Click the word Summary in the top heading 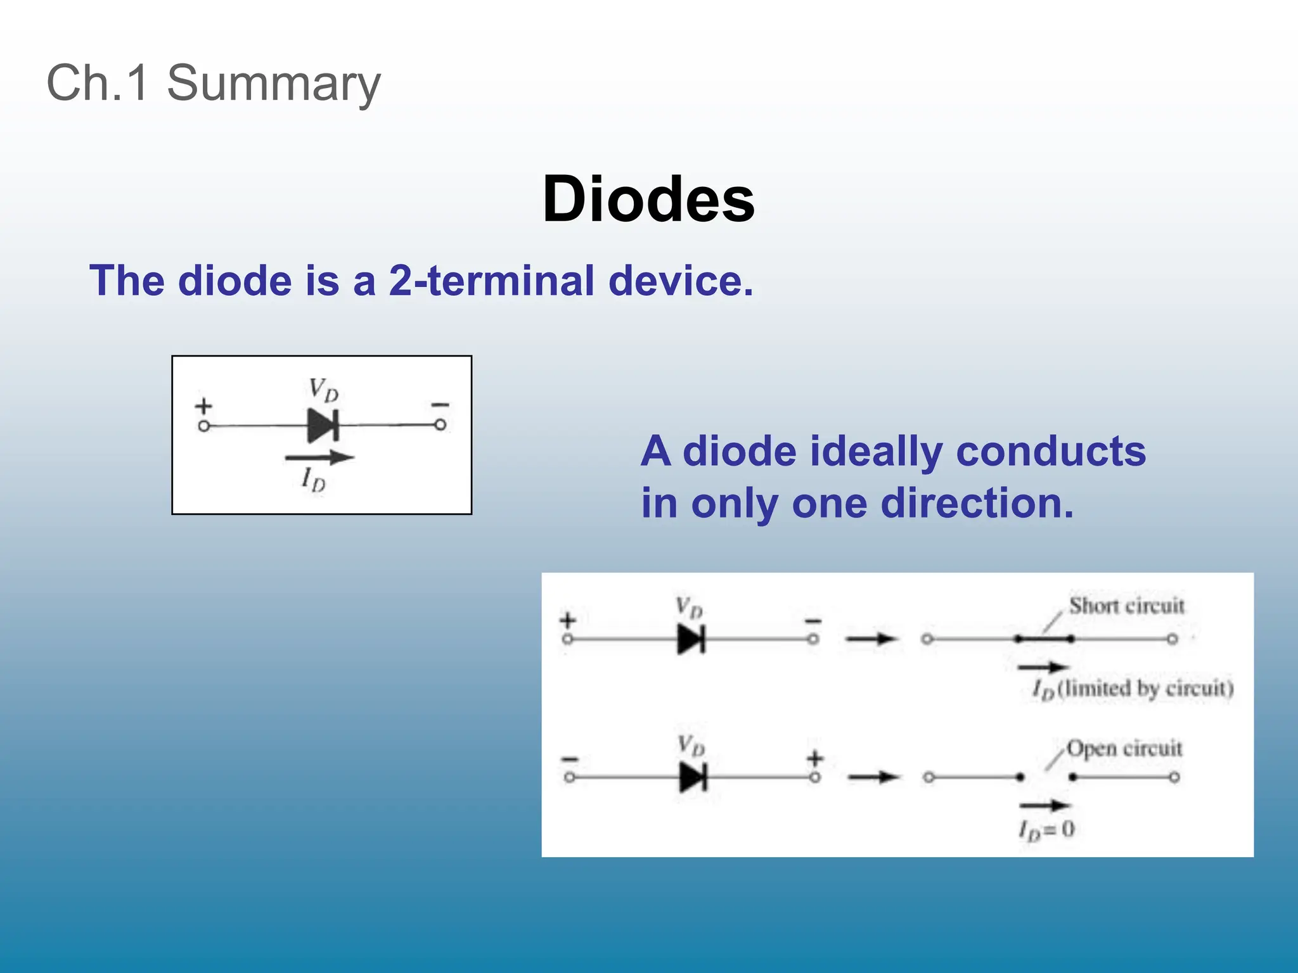click(x=273, y=84)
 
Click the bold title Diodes click(x=648, y=199)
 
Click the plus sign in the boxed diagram click(x=203, y=405)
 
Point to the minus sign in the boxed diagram click(x=440, y=405)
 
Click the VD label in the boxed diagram click(x=323, y=389)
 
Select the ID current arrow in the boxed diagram click(x=319, y=457)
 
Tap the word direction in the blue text click(x=977, y=504)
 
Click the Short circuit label click(x=1126, y=606)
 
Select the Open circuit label click(x=1124, y=748)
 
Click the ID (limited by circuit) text click(x=1133, y=689)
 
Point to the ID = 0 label click(x=1046, y=829)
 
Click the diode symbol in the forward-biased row click(x=691, y=639)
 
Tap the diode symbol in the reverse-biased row click(x=693, y=777)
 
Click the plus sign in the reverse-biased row click(x=815, y=758)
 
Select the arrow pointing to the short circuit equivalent click(x=871, y=639)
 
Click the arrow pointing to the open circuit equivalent click(x=873, y=777)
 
